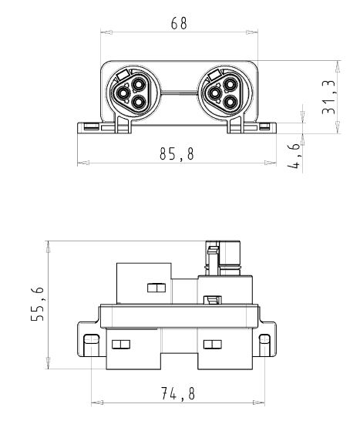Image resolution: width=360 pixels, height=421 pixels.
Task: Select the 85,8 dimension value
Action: pyautogui.click(x=177, y=154)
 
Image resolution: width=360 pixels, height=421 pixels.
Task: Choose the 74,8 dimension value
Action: pyautogui.click(x=177, y=394)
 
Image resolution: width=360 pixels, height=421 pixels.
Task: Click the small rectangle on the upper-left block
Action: pyautogui.click(x=156, y=288)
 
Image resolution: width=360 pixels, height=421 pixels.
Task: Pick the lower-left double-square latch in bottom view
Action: pyautogui.click(x=121, y=343)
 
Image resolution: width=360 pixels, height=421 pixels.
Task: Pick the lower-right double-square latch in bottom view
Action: pyautogui.click(x=211, y=343)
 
